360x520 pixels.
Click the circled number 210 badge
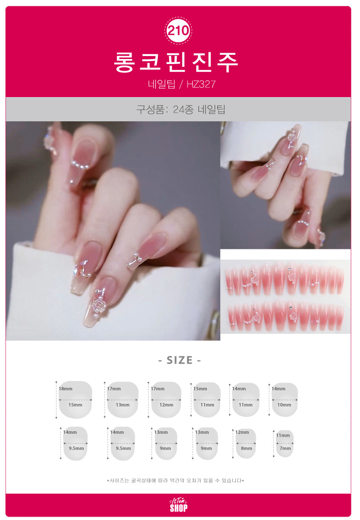pyautogui.click(x=178, y=31)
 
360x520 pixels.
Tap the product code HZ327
pyautogui.click(x=201, y=84)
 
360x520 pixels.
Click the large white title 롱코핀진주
pyautogui.click(x=176, y=62)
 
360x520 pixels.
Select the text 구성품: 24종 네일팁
pyautogui.click(x=180, y=109)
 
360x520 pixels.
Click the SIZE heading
pyautogui.click(x=180, y=360)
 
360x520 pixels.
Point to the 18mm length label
pyautogui.click(x=65, y=389)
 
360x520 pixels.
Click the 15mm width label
pyautogui.click(x=75, y=405)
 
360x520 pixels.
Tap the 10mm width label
pyautogui.click(x=284, y=405)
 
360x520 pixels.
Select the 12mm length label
pyautogui.click(x=242, y=432)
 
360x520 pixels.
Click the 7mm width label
pyautogui.click(x=285, y=448)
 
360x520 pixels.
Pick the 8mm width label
pyautogui.click(x=247, y=448)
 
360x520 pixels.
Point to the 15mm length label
pyautogui.click(x=200, y=389)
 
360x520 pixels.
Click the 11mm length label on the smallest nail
pyautogui.click(x=283, y=435)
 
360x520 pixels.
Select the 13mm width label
pyautogui.click(x=123, y=405)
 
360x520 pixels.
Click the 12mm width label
pyautogui.click(x=166, y=405)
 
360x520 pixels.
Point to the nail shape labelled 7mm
pyautogui.click(x=285, y=443)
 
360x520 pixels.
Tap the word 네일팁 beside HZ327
pyautogui.click(x=162, y=84)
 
